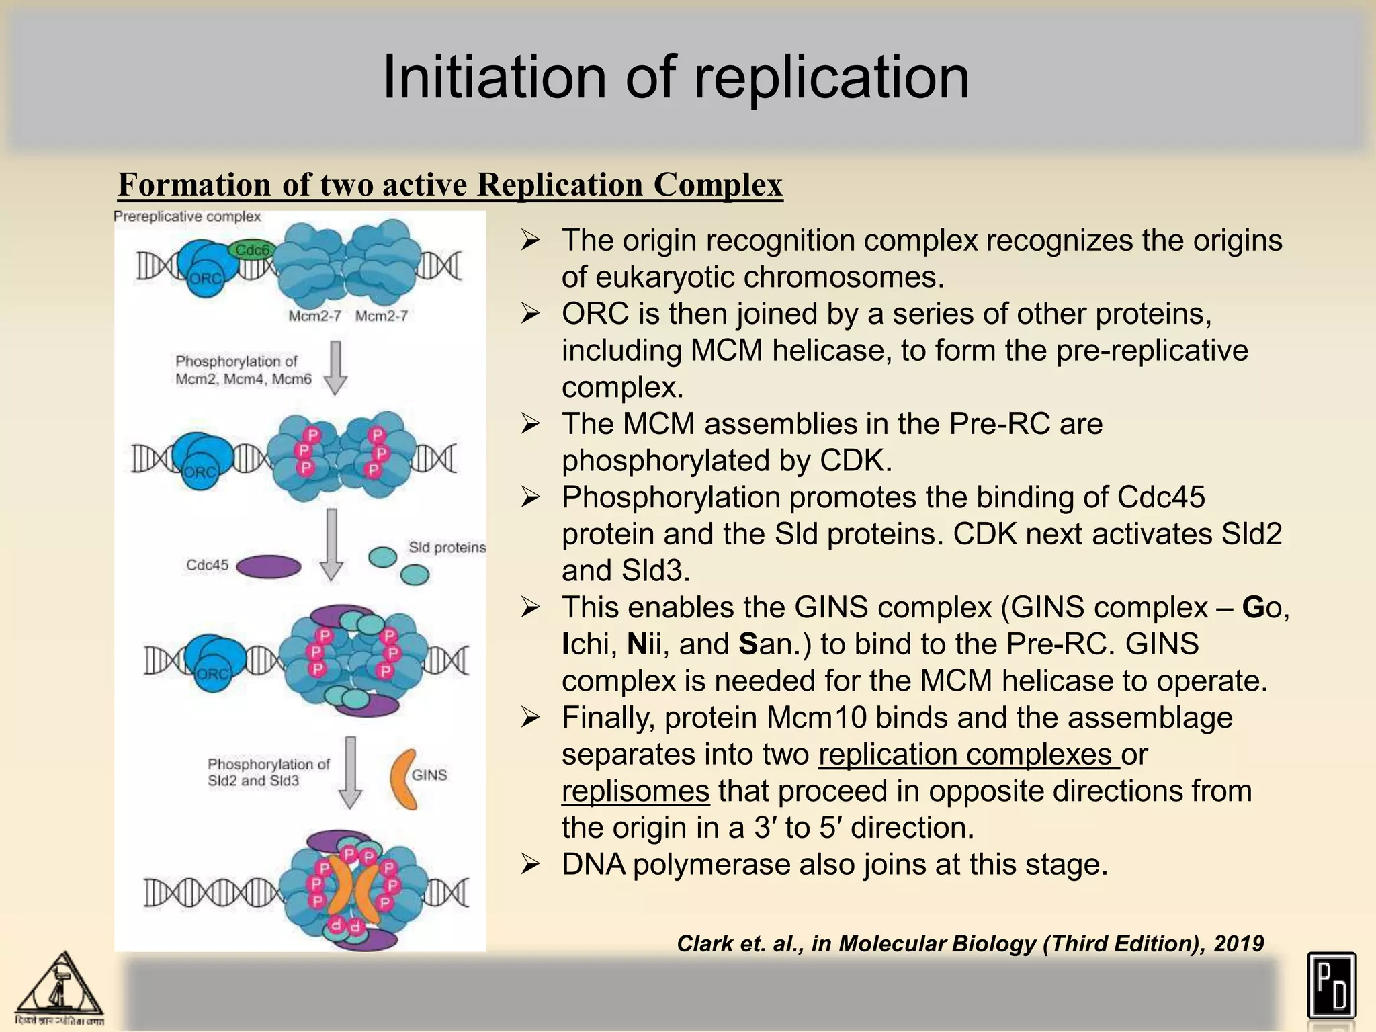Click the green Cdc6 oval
pyautogui.click(x=251, y=251)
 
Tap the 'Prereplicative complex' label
pyautogui.click(x=187, y=216)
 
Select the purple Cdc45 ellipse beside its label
pyautogui.click(x=269, y=566)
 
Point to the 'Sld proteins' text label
pyautogui.click(x=447, y=548)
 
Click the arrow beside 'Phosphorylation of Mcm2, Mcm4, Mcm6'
pyautogui.click(x=335, y=367)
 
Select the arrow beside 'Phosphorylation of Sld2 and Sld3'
pyautogui.click(x=350, y=773)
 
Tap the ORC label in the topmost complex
pyautogui.click(x=205, y=278)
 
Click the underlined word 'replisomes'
pyautogui.click(x=636, y=791)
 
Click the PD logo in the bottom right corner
pyautogui.click(x=1331, y=985)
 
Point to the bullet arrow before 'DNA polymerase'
pyautogui.click(x=531, y=865)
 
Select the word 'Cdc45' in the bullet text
pyautogui.click(x=1161, y=498)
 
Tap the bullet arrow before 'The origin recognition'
pyautogui.click(x=531, y=241)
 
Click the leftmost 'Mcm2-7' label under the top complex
pyautogui.click(x=314, y=316)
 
